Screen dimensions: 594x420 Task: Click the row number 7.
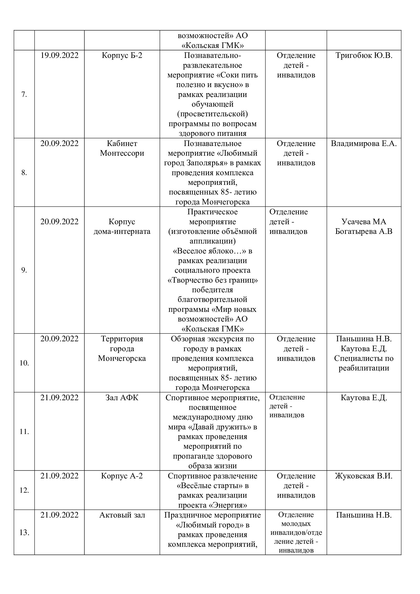(24, 95)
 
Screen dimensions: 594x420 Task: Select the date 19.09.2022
(59, 55)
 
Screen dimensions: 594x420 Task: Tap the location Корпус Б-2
(122, 55)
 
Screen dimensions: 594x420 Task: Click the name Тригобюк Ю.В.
(364, 55)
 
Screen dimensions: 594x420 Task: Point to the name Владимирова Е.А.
(364, 143)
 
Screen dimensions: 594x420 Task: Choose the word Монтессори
(122, 153)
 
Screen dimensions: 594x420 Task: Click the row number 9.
(24, 270)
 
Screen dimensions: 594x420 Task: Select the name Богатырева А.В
(364, 231)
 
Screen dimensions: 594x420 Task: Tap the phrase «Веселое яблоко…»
(210, 251)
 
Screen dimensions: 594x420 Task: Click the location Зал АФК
(122, 398)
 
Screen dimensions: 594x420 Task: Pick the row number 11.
(24, 432)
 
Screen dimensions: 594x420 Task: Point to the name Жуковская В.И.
(364, 476)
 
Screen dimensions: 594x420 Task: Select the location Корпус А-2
(122, 476)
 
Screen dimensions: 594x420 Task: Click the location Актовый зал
(122, 515)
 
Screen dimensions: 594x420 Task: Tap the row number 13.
(24, 533)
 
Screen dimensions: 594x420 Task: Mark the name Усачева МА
(364, 222)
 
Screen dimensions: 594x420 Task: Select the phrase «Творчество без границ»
(213, 280)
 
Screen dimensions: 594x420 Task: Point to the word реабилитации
(364, 368)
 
